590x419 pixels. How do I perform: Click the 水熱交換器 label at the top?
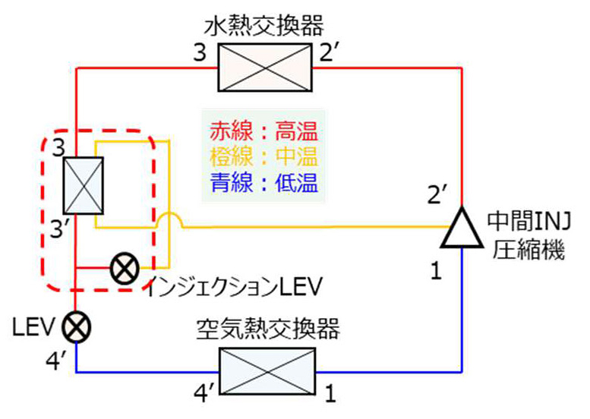point(263,27)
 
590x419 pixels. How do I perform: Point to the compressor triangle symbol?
point(462,227)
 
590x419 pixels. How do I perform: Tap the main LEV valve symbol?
point(77,328)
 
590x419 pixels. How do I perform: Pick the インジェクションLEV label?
point(235,287)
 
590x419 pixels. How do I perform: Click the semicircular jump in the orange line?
point(169,221)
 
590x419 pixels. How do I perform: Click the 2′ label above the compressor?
point(439,194)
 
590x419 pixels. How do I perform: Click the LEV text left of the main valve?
point(32,327)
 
